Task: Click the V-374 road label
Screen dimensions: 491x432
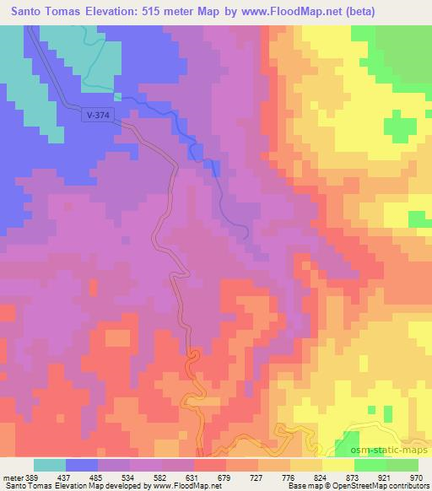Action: [99, 116]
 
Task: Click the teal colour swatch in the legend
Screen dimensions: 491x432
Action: [50, 465]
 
